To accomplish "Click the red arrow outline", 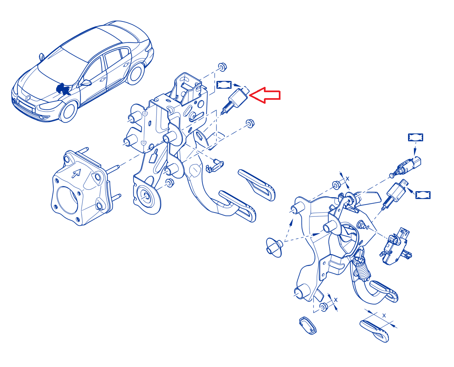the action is click(265, 95).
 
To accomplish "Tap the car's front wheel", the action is click(69, 112).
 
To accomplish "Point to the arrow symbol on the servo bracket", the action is click(76, 173).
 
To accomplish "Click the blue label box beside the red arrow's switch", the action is click(224, 85).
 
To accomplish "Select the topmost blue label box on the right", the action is click(415, 137).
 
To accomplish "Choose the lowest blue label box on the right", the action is click(423, 195).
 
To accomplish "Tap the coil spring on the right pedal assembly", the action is click(362, 270).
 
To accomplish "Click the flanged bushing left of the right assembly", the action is click(275, 247).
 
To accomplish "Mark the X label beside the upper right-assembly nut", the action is click(347, 179).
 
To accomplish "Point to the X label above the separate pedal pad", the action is click(384, 315).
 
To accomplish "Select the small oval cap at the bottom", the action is click(308, 326).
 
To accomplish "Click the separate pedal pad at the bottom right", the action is click(374, 331).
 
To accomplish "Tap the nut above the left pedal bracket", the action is click(222, 67).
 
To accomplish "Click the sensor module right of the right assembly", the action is click(396, 246).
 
